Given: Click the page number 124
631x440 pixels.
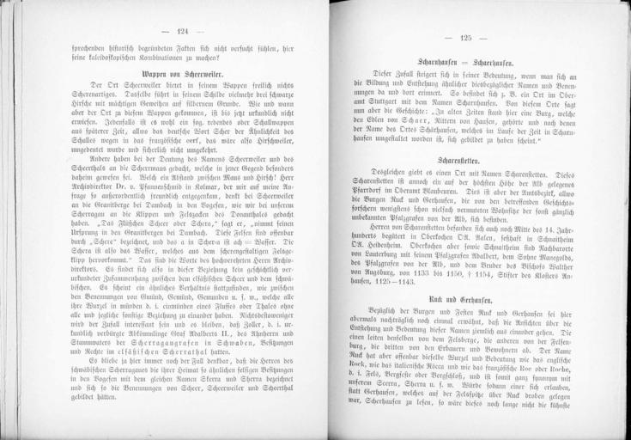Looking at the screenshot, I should [181, 32].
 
